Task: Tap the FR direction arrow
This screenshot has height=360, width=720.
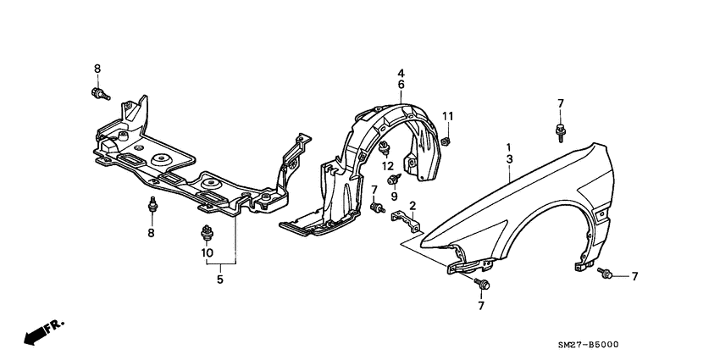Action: pyautogui.click(x=40, y=333)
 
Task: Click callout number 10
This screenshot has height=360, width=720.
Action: pyautogui.click(x=206, y=252)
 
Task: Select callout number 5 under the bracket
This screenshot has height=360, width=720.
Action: pyautogui.click(x=219, y=279)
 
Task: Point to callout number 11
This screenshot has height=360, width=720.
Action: pyautogui.click(x=449, y=116)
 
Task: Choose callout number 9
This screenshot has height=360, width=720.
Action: pyautogui.click(x=393, y=196)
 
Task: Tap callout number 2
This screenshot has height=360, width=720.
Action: pyautogui.click(x=413, y=206)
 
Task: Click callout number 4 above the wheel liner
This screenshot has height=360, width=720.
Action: pyautogui.click(x=402, y=74)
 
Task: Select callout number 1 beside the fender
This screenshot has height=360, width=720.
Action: pyautogui.click(x=509, y=146)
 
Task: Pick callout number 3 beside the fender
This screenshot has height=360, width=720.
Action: pyautogui.click(x=509, y=158)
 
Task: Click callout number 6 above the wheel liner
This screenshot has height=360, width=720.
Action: pyautogui.click(x=402, y=85)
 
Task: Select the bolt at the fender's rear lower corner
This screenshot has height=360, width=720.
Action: pyautogui.click(x=605, y=272)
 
